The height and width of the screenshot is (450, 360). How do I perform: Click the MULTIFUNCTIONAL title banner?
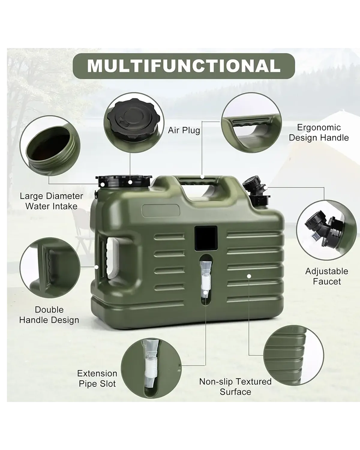click(184, 66)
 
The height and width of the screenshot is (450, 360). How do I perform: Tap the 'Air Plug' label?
click(184, 130)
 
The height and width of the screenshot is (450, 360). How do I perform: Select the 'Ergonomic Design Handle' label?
click(319, 133)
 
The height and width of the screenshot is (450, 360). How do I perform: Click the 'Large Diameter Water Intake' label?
click(52, 201)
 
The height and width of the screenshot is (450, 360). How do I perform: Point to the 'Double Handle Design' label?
click(49, 315)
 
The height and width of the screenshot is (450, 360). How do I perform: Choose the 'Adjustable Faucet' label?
click(327, 276)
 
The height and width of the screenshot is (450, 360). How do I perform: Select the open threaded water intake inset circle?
click(50, 146)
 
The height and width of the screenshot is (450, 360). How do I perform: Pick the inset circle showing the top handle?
click(251, 123)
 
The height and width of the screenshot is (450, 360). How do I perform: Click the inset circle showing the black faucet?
click(326, 230)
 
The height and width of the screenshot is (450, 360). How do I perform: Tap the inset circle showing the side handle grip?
click(50, 268)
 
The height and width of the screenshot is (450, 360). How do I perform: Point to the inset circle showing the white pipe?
click(151, 368)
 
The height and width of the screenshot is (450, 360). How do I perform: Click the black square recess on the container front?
click(206, 239)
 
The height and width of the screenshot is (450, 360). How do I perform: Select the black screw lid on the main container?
click(123, 181)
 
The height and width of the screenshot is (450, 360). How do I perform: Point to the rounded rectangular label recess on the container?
click(161, 211)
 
